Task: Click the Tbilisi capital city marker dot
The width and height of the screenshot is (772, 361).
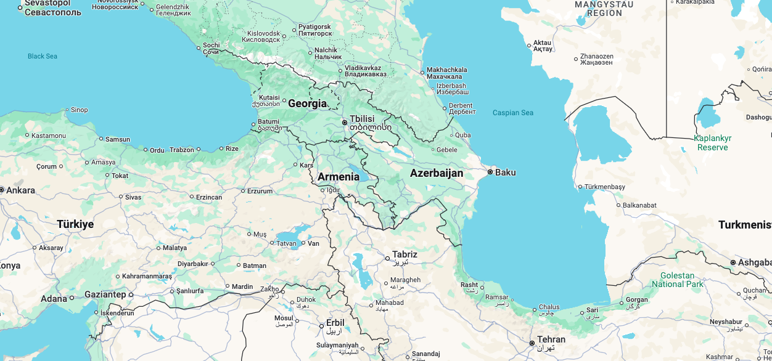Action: coord(345,123)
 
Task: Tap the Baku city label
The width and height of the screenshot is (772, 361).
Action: coord(505,172)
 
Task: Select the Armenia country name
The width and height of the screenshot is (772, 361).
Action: coord(338,177)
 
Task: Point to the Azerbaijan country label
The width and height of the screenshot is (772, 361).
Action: coord(436,173)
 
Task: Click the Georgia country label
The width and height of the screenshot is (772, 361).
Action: coord(307,103)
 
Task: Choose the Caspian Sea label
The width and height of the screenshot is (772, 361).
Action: coord(512,113)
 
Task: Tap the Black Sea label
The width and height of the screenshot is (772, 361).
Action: coord(43,56)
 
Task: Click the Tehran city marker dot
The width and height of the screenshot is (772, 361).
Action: coord(532,343)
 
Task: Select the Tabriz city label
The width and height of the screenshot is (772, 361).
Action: coord(404,254)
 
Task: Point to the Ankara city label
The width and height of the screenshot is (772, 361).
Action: coord(20,190)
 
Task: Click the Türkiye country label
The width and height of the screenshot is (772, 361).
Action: coord(75,224)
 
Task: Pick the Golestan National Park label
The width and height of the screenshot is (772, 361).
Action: coord(677,280)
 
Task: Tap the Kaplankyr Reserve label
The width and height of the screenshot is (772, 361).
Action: coord(712,143)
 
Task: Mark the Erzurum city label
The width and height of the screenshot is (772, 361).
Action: coord(260,191)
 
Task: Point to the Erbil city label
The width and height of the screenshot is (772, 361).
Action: coord(335,323)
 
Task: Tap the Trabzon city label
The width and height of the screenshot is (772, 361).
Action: coord(182,150)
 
